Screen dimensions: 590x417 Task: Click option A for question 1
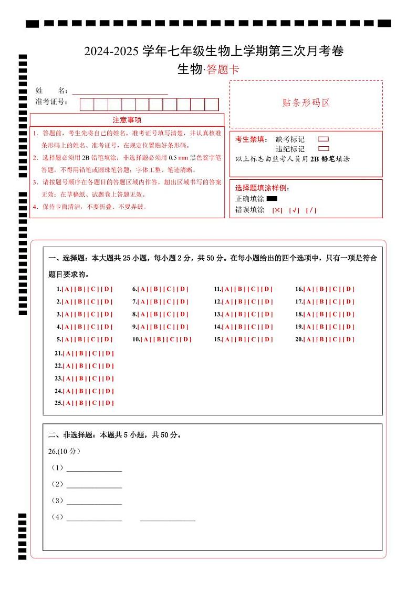[67, 289]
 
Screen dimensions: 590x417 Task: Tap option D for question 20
[349, 340]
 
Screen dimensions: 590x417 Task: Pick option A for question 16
[309, 289]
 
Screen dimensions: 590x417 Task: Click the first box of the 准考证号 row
[87, 105]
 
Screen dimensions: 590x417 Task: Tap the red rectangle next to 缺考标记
[324, 139]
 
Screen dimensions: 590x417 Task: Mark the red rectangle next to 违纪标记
[324, 149]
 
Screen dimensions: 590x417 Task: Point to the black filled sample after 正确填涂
[272, 199]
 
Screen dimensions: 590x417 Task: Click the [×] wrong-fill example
[277, 210]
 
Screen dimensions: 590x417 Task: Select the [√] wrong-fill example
[294, 210]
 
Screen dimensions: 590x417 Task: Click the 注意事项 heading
[127, 120]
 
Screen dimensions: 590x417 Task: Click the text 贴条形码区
[306, 103]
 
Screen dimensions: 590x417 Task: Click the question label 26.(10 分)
[64, 451]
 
